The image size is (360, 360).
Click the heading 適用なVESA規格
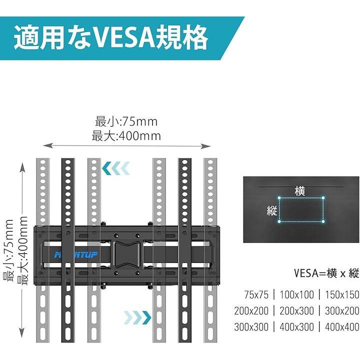coord(110,38)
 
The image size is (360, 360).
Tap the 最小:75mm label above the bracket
coord(126,121)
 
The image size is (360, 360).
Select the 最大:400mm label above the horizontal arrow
coord(126,135)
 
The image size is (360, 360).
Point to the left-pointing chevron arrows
coord(116,168)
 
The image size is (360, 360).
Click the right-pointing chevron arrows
coord(137,316)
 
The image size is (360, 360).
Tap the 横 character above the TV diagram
coord(300,190)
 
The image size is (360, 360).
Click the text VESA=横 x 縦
coord(326,273)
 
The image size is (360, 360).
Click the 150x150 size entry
coord(342,294)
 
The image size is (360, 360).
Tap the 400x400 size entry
coord(342,327)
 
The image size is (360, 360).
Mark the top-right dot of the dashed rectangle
coord(323,198)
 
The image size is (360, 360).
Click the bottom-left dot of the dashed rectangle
coord(279,221)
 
